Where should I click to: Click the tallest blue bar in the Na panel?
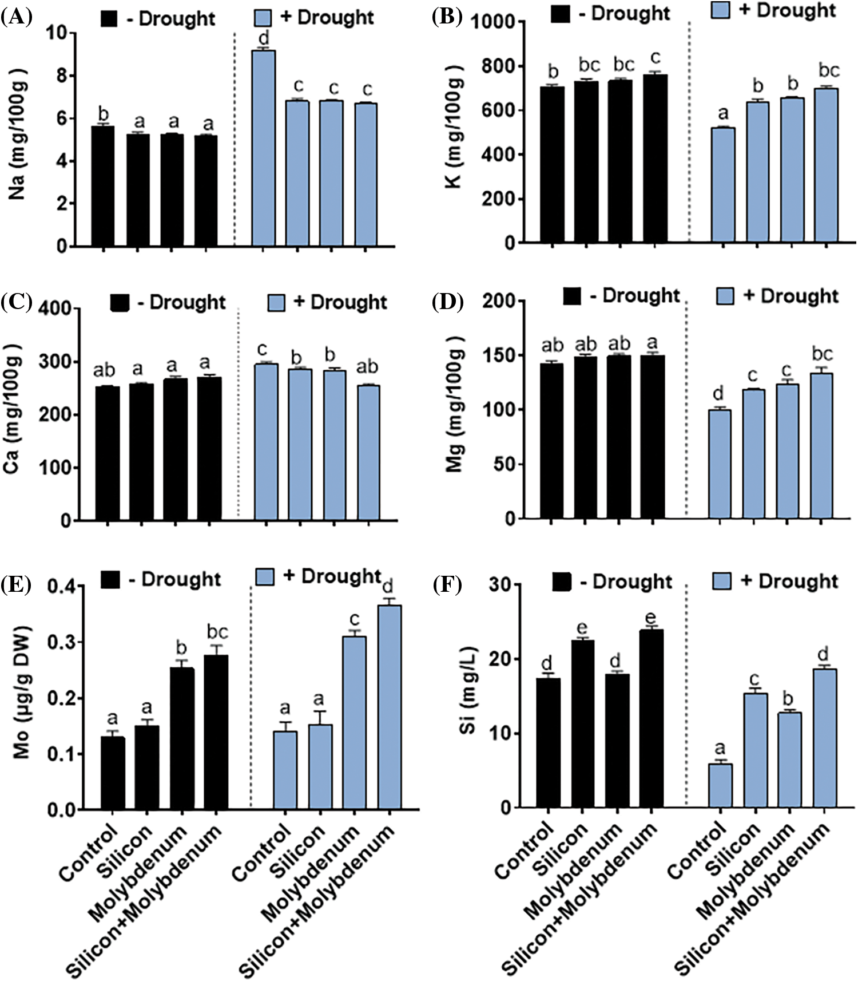click(264, 149)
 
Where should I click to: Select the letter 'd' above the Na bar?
click(264, 39)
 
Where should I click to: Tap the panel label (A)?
click(13, 17)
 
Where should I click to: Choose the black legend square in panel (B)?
click(561, 14)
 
